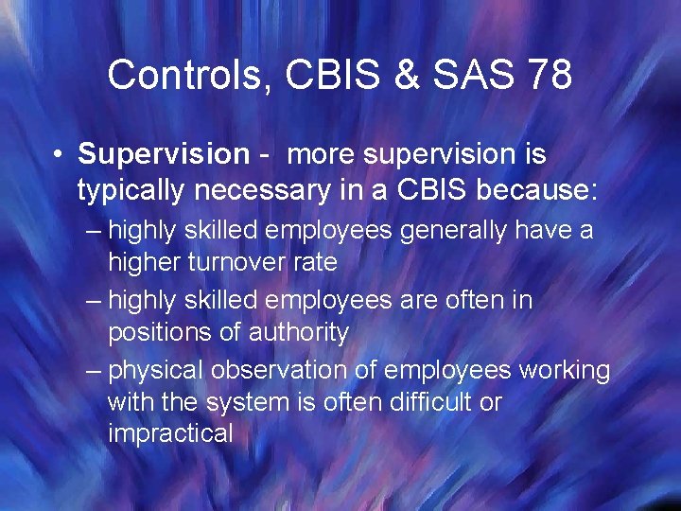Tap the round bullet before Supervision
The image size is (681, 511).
click(59, 154)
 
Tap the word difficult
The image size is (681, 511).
click(420, 402)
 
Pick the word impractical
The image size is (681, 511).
click(170, 434)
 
